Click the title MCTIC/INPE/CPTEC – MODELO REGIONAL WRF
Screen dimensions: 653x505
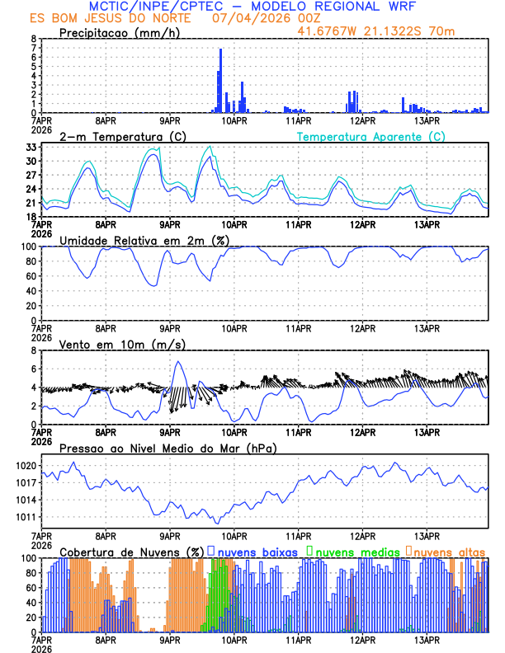point(252,7)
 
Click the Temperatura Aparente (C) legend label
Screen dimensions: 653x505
point(371,136)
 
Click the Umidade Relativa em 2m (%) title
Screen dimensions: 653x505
point(142,240)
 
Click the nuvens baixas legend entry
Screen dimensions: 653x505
point(257,551)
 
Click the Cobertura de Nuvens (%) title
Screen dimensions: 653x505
point(131,551)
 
